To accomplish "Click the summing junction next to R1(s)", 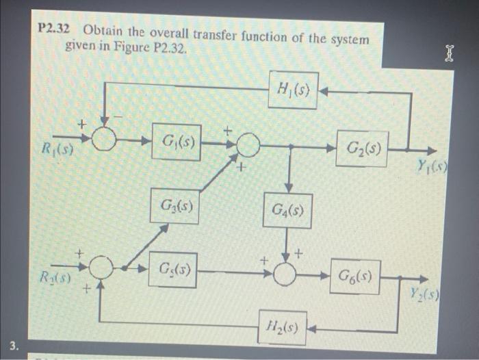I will pyautogui.click(x=104, y=140).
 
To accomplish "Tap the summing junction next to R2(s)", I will pyautogui.click(x=101, y=268).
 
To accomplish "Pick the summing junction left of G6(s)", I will pyautogui.click(x=287, y=274).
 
